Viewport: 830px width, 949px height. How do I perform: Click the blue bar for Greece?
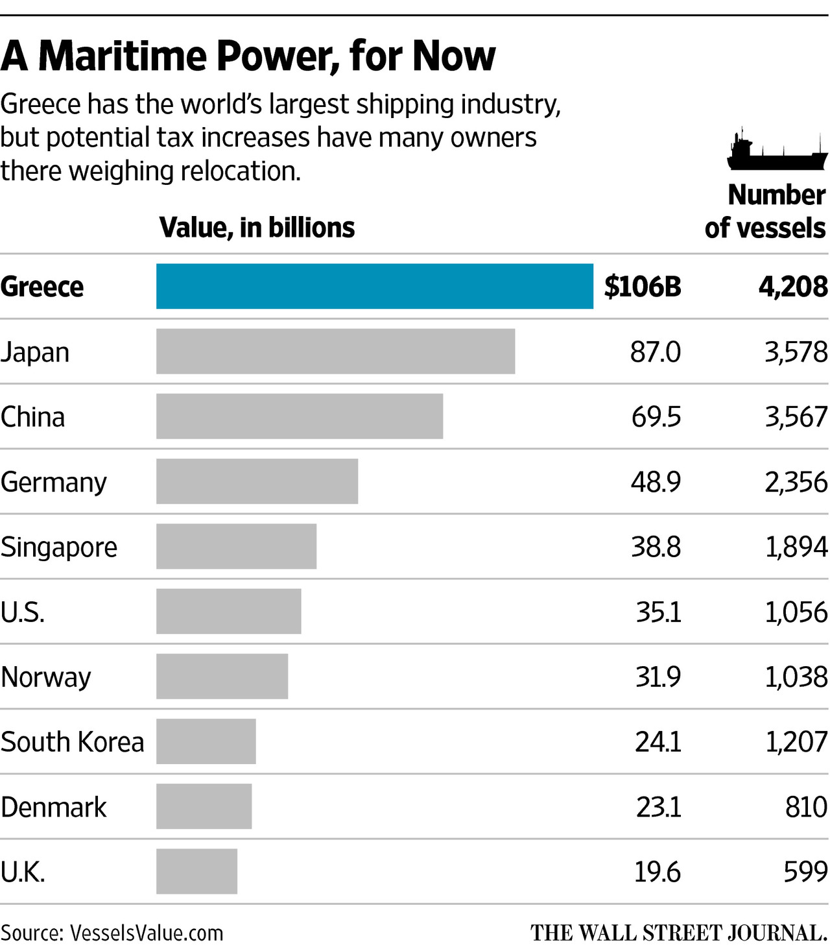tap(374, 286)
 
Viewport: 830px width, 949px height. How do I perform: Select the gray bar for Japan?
tap(335, 351)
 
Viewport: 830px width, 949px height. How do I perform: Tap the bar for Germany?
tap(257, 481)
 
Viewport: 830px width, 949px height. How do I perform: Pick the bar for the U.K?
tap(196, 871)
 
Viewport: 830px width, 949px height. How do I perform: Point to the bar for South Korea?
tap(206, 741)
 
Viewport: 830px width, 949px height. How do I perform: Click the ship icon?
tap(776, 150)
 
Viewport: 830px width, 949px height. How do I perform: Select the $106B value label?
tap(642, 286)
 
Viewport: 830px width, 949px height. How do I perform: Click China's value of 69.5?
tap(656, 416)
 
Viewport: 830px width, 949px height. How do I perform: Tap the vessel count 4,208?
tap(792, 286)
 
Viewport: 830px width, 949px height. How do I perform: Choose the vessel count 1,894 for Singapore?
tap(796, 547)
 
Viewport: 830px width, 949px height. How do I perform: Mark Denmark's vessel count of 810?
tap(805, 807)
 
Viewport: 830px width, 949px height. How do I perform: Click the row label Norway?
tap(46, 677)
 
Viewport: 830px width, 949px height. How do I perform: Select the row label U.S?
tap(23, 612)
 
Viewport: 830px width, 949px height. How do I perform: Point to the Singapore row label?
tap(59, 547)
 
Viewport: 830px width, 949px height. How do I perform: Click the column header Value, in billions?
tap(257, 228)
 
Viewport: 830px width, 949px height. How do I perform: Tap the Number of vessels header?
tap(765, 211)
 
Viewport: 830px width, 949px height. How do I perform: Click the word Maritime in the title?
tap(124, 56)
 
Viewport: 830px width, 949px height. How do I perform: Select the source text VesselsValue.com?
tap(146, 933)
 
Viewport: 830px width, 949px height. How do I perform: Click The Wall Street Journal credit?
tap(678, 933)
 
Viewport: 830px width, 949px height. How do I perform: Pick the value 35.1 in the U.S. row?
tap(658, 612)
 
